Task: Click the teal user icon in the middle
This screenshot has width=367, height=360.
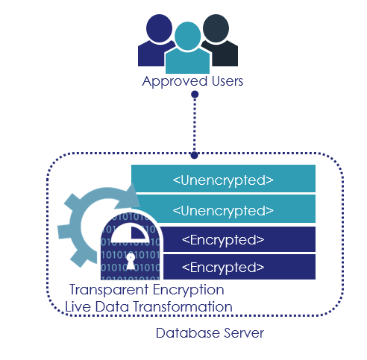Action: coord(187,50)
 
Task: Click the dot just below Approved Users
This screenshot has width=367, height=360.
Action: coord(195,95)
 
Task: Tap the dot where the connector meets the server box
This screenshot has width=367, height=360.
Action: coord(195,156)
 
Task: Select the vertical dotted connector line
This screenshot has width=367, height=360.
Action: coord(195,125)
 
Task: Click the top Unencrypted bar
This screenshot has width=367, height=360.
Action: coord(223,178)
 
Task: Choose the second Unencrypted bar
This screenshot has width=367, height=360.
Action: coord(226,209)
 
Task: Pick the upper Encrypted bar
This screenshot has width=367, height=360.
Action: coord(237,239)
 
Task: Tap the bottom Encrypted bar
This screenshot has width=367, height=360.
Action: coord(239,267)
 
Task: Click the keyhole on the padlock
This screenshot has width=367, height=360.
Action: coord(131,262)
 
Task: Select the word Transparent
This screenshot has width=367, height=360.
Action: coord(109,290)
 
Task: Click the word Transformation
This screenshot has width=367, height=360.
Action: coord(183,306)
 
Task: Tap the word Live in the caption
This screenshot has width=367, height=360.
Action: coord(78,306)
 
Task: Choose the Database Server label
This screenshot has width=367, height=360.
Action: coord(210,333)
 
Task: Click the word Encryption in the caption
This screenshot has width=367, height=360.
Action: coord(189,290)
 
